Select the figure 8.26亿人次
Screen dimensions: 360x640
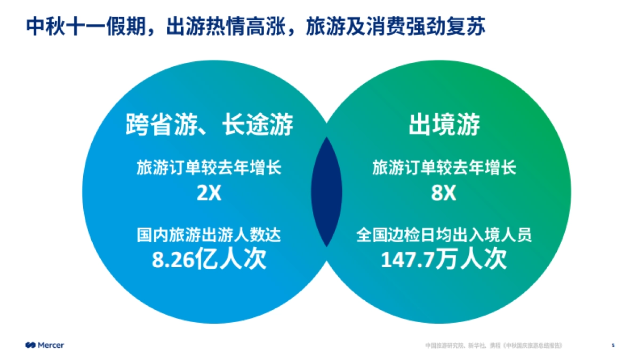coord(209,260)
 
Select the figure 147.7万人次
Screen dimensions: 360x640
coord(444,260)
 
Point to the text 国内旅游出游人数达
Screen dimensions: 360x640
coord(209,235)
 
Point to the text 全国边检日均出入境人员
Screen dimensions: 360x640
coord(444,235)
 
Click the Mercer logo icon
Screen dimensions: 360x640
coord(30,345)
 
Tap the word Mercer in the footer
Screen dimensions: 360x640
coord(51,345)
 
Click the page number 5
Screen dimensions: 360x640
coord(613,345)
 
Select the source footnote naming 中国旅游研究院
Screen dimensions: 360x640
coord(445,346)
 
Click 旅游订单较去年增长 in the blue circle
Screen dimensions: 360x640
coord(209,169)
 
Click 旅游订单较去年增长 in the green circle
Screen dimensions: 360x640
coord(444,169)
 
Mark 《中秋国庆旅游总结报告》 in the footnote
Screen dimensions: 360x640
coord(532,346)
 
